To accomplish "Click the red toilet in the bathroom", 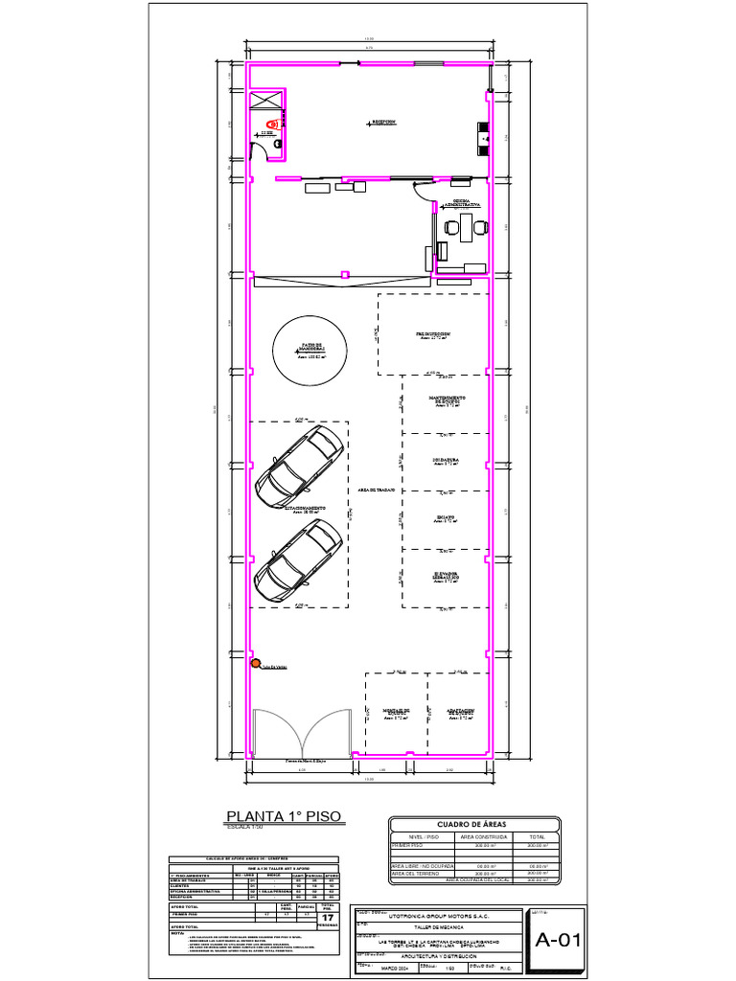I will click(272, 125).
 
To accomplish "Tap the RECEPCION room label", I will click(384, 123).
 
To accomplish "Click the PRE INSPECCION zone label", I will click(433, 334).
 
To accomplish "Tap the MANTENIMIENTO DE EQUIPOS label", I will click(447, 399).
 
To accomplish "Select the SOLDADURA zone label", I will click(446, 460).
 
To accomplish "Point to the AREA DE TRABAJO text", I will click(377, 490).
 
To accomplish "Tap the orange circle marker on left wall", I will click(256, 663).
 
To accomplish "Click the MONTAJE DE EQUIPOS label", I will click(397, 712).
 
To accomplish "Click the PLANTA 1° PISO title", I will click(283, 816).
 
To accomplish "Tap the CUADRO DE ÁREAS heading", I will click(471, 825).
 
